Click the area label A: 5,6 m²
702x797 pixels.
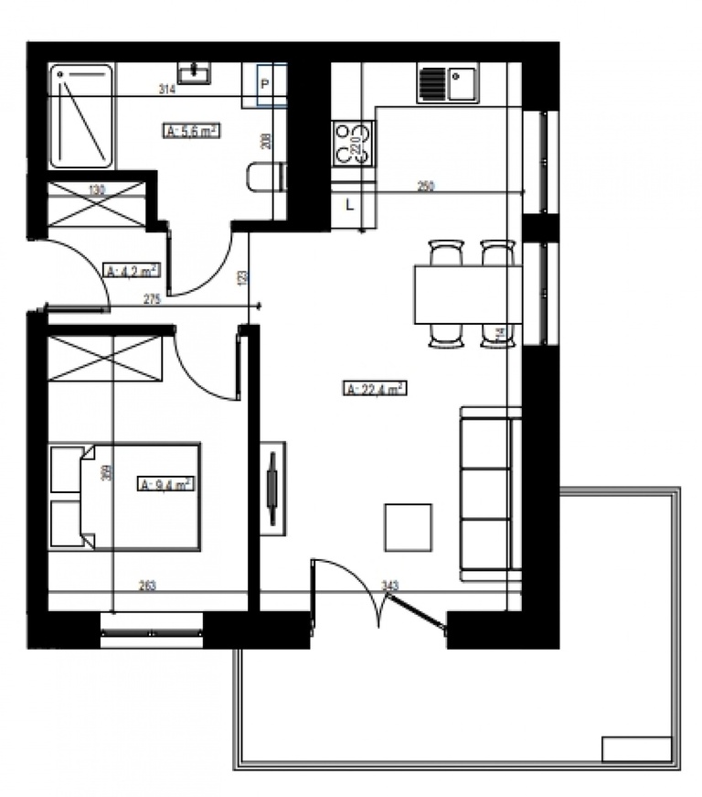coord(191,131)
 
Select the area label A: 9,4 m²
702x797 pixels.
coord(165,484)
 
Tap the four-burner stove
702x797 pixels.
coord(352,144)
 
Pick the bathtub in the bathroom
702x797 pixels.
coord(81,115)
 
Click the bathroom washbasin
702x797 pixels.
coord(194,73)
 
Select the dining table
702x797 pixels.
coord(467,294)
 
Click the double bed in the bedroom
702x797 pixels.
coord(125,496)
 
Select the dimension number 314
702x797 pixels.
coord(166,89)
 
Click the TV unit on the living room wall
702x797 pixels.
coord(271,489)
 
